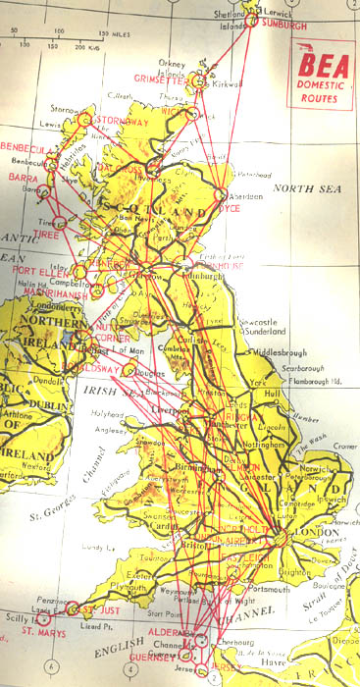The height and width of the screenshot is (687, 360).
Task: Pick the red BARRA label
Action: (21, 179)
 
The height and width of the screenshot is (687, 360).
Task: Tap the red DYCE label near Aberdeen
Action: (229, 209)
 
